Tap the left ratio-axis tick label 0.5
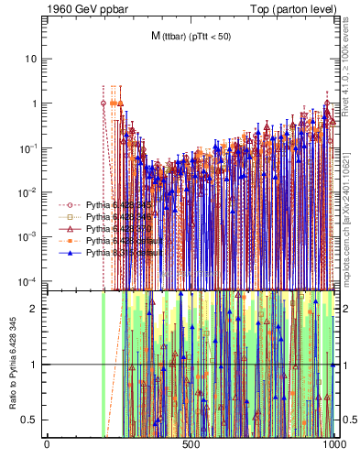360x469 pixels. point(33,420)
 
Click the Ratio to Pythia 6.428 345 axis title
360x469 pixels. point(13,365)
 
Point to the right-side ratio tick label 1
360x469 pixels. point(344,365)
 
